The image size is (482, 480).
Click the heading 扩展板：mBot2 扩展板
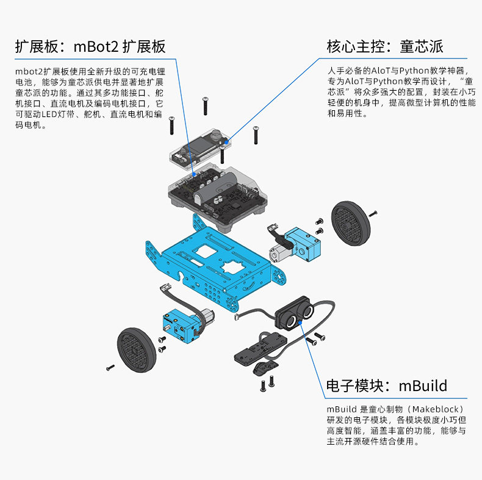(x=90, y=46)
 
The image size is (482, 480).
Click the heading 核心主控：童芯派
(x=385, y=46)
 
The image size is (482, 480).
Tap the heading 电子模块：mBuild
(x=387, y=386)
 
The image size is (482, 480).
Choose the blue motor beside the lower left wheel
(x=179, y=326)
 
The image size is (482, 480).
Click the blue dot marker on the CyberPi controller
(x=226, y=141)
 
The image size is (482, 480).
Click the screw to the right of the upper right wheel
(x=373, y=213)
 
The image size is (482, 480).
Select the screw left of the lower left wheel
(x=110, y=367)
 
